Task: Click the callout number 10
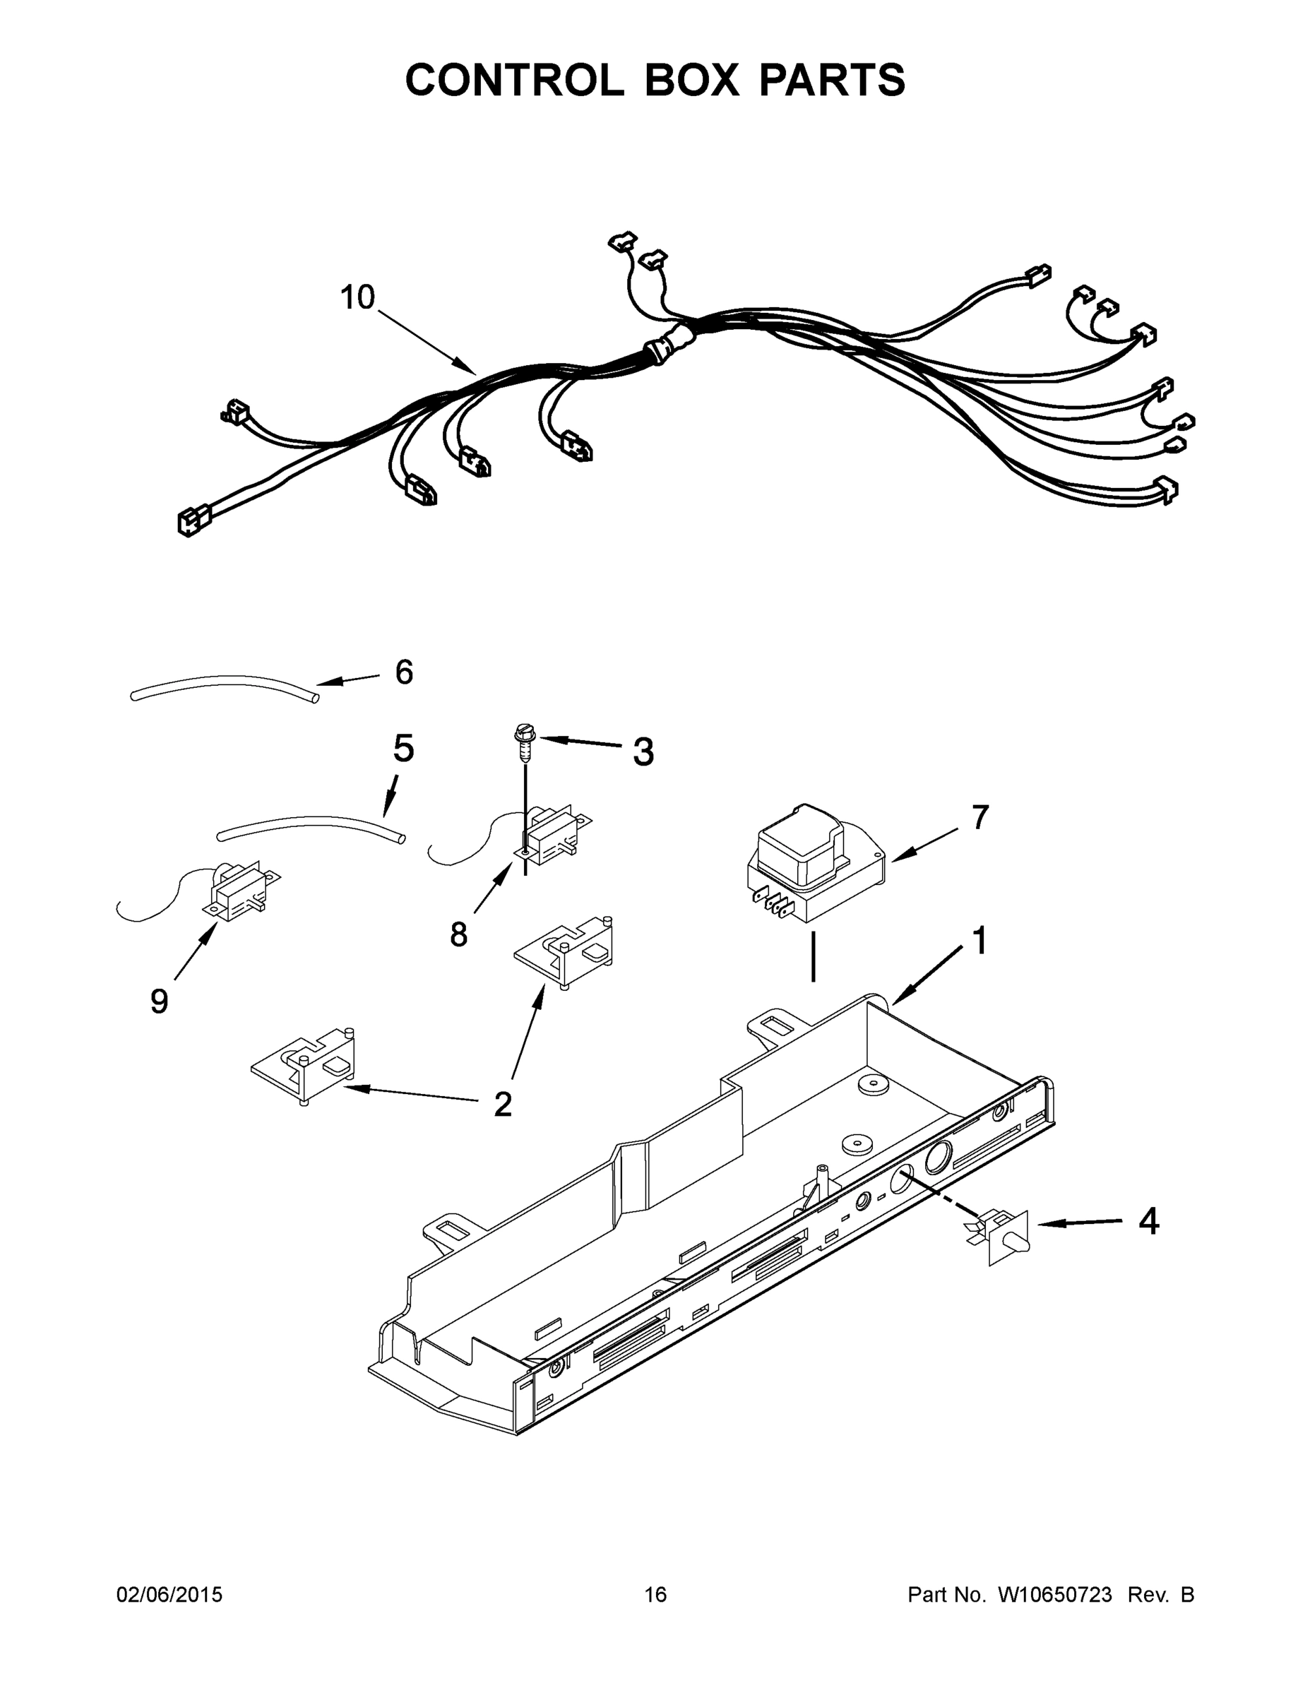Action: point(358,297)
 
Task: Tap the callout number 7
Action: point(979,817)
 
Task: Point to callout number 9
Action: point(158,1001)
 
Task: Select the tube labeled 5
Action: point(311,826)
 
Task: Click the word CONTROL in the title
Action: point(513,80)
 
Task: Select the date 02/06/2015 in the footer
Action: point(169,1595)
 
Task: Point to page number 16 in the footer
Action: point(655,1595)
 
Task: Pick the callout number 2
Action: point(503,1105)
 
